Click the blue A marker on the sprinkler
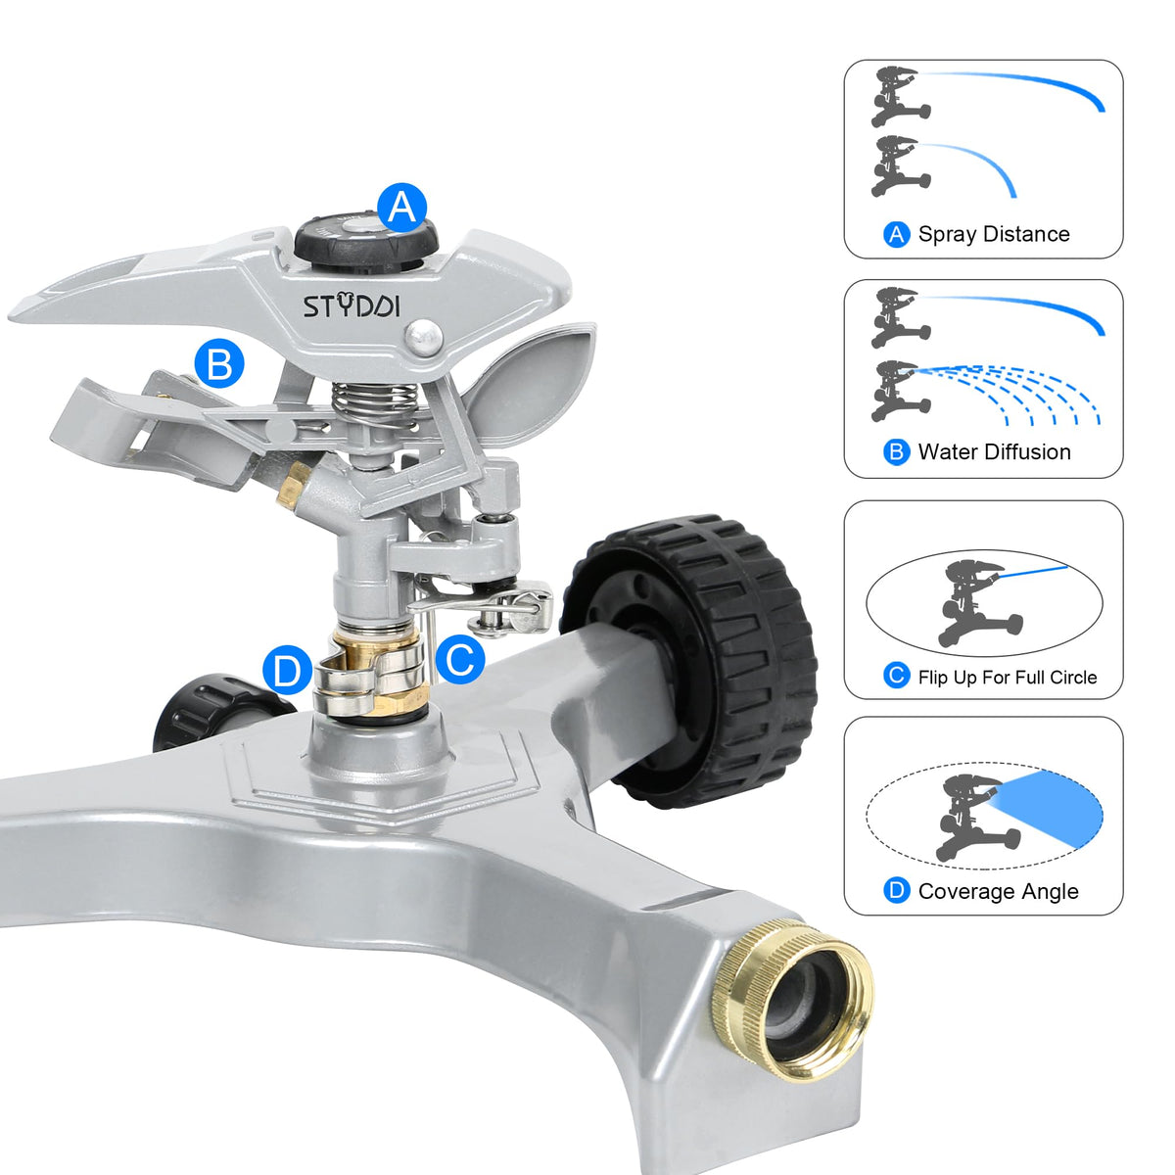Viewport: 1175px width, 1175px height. (x=401, y=208)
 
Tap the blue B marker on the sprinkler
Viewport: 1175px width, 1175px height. (x=219, y=364)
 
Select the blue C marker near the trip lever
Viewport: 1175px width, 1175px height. (x=460, y=659)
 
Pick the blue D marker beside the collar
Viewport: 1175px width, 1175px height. (x=288, y=670)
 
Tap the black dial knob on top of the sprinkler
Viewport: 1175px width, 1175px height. (x=366, y=240)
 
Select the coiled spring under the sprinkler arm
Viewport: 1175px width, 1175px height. (x=374, y=401)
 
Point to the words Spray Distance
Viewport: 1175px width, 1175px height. (x=994, y=234)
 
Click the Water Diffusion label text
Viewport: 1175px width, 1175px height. (x=995, y=451)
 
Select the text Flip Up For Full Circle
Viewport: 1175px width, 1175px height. (x=1008, y=677)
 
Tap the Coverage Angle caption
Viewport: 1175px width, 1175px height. (x=998, y=891)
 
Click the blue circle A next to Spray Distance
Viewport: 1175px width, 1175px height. (x=896, y=234)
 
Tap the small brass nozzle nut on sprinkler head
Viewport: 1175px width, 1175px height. (x=295, y=483)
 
